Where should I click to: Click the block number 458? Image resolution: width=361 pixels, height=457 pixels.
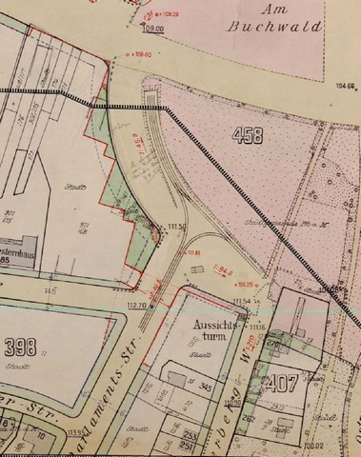[247, 136]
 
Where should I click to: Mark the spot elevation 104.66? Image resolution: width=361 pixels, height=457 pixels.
[345, 86]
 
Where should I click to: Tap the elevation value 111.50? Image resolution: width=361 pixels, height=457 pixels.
[174, 226]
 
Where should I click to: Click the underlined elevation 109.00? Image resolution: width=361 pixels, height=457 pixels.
[152, 30]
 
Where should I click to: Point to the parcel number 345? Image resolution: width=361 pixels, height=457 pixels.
[203, 388]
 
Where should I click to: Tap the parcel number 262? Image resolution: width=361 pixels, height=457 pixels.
[250, 416]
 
